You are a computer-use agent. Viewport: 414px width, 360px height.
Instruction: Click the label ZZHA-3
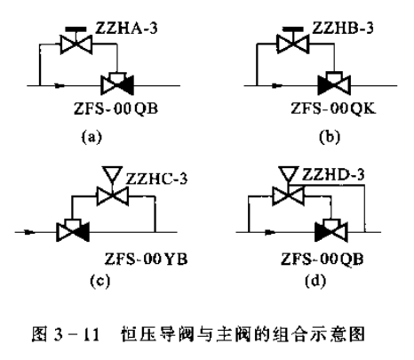click(126, 28)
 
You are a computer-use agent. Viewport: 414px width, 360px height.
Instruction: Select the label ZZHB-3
click(343, 28)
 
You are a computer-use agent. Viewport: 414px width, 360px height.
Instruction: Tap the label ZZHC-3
click(156, 179)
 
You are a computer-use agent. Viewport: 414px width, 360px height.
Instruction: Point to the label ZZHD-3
click(333, 174)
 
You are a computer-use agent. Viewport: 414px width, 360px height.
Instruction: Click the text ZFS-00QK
click(333, 108)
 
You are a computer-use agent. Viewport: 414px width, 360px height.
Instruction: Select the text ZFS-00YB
click(146, 259)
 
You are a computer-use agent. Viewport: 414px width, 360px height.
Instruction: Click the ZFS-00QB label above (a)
click(115, 108)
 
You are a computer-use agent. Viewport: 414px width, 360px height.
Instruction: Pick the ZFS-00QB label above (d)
click(322, 260)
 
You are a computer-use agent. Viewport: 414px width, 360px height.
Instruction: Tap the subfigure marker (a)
click(92, 137)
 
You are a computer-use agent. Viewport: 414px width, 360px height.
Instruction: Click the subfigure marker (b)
click(330, 137)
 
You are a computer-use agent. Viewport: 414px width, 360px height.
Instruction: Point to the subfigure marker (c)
click(100, 280)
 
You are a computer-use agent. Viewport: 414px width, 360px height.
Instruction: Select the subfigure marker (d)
click(315, 280)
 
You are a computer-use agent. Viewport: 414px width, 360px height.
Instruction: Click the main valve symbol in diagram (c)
click(73, 230)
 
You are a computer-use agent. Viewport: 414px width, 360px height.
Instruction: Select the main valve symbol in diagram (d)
click(331, 230)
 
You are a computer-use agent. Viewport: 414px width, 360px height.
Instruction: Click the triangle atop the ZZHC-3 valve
click(112, 173)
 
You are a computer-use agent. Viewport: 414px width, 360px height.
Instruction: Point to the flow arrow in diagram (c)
click(29, 232)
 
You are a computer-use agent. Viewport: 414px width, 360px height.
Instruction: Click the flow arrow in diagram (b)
click(277, 85)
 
